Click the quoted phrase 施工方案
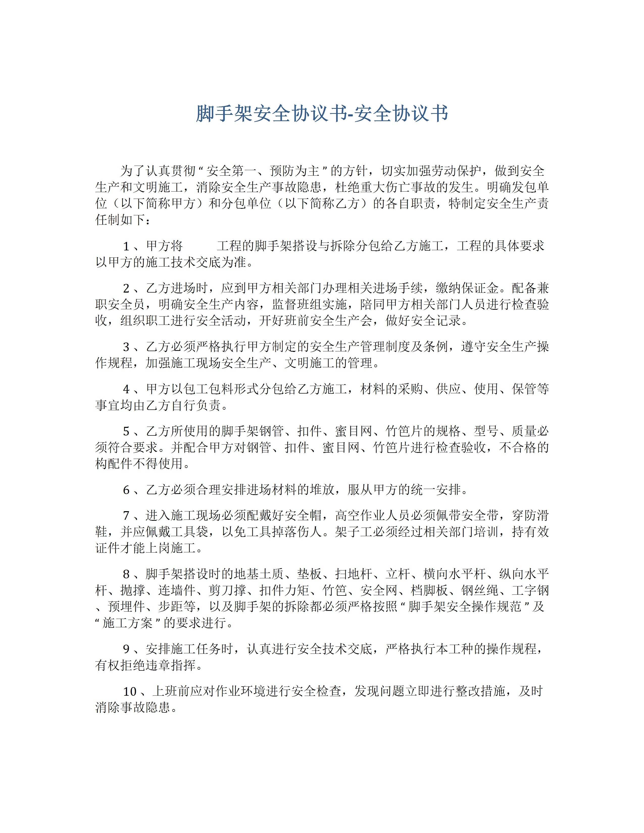coord(128,623)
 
